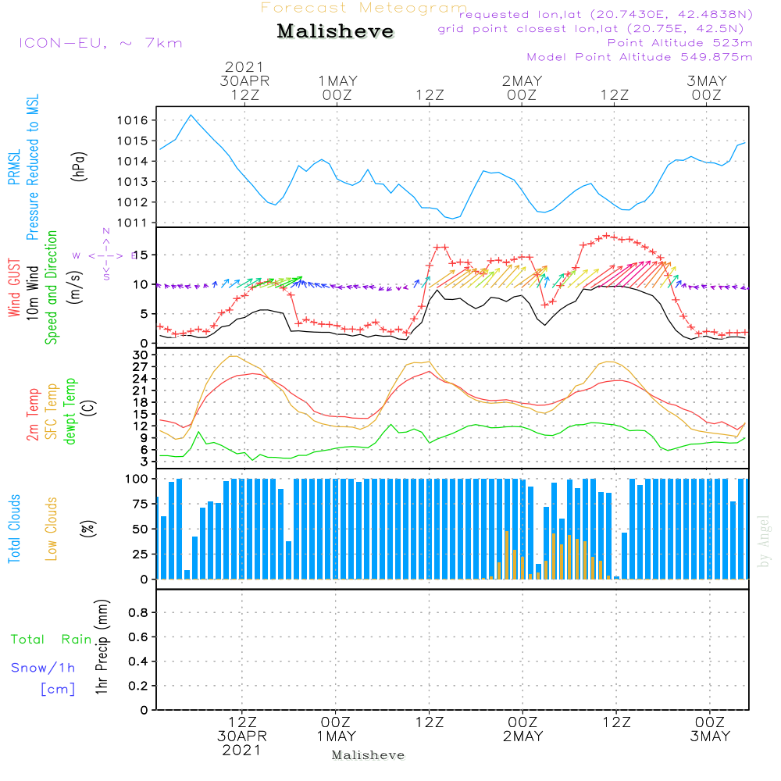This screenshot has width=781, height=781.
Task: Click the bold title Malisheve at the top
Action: [x=335, y=32]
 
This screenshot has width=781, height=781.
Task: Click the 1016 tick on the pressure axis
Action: [x=132, y=120]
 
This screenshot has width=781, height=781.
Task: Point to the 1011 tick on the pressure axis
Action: [x=132, y=223]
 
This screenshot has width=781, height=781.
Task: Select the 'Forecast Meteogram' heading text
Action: [x=364, y=8]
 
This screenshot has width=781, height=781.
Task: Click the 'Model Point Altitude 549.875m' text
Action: [x=639, y=57]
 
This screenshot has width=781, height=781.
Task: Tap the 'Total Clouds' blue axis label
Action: [x=14, y=528]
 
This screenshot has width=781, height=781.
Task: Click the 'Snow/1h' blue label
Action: [x=43, y=668]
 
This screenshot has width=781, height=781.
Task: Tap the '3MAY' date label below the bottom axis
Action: [x=709, y=736]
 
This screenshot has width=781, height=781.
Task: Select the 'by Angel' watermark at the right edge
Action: [x=764, y=540]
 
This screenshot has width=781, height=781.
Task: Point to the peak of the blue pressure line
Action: [x=191, y=115]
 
